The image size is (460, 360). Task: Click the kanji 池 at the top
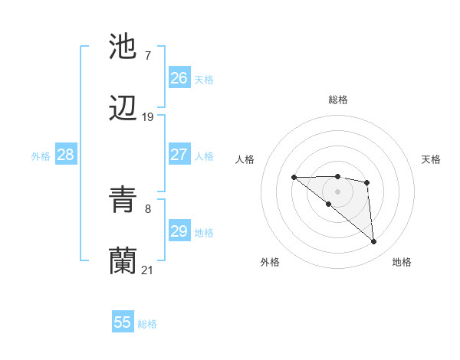(123, 47)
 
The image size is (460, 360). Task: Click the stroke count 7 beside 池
(148, 56)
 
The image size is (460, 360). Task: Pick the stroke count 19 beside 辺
(148, 117)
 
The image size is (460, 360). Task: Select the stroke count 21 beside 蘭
(148, 270)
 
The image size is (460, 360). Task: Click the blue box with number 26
(179, 78)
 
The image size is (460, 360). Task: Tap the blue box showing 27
(179, 155)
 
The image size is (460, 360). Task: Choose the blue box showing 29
(179, 231)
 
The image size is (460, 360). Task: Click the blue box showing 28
(66, 155)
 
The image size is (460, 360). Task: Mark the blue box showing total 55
(123, 322)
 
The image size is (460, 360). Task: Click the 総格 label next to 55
(148, 324)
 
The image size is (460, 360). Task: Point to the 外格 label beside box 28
(41, 156)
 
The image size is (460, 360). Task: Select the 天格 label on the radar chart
(431, 159)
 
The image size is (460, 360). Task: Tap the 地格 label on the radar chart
(402, 262)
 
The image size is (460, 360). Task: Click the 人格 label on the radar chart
(245, 159)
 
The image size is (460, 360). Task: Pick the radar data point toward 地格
(374, 242)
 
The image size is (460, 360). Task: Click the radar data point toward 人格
(294, 178)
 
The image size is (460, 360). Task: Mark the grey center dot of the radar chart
(337, 191)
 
